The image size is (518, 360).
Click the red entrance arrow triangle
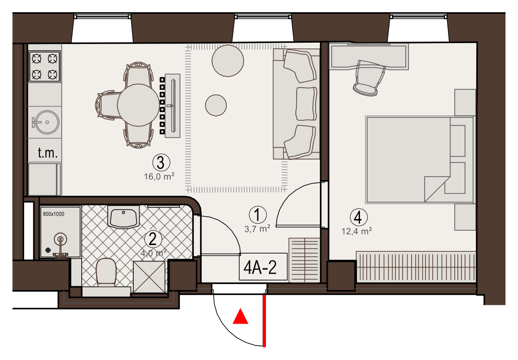tap(241, 317)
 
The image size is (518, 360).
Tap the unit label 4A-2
tap(260, 268)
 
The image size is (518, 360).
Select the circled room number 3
tap(161, 162)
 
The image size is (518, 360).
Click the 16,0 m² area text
tap(159, 176)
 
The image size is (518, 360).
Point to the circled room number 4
tap(359, 217)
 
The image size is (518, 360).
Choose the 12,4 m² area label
tap(356, 231)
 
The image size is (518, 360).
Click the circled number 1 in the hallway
tap(258, 215)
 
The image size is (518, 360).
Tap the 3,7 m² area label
tap(257, 228)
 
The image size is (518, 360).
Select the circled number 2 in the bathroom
tap(153, 239)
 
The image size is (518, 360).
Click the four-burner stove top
tap(44, 66)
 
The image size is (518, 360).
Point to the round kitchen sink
tap(46, 122)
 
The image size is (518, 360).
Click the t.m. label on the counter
tap(48, 153)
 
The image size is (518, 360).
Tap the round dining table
tap(138, 105)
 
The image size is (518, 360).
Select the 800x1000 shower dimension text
tap(53, 214)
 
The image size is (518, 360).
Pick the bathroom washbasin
tap(123, 217)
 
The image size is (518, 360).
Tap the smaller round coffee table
tap(216, 105)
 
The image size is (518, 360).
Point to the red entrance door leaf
tap(264, 320)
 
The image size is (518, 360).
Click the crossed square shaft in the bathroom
tap(149, 277)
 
